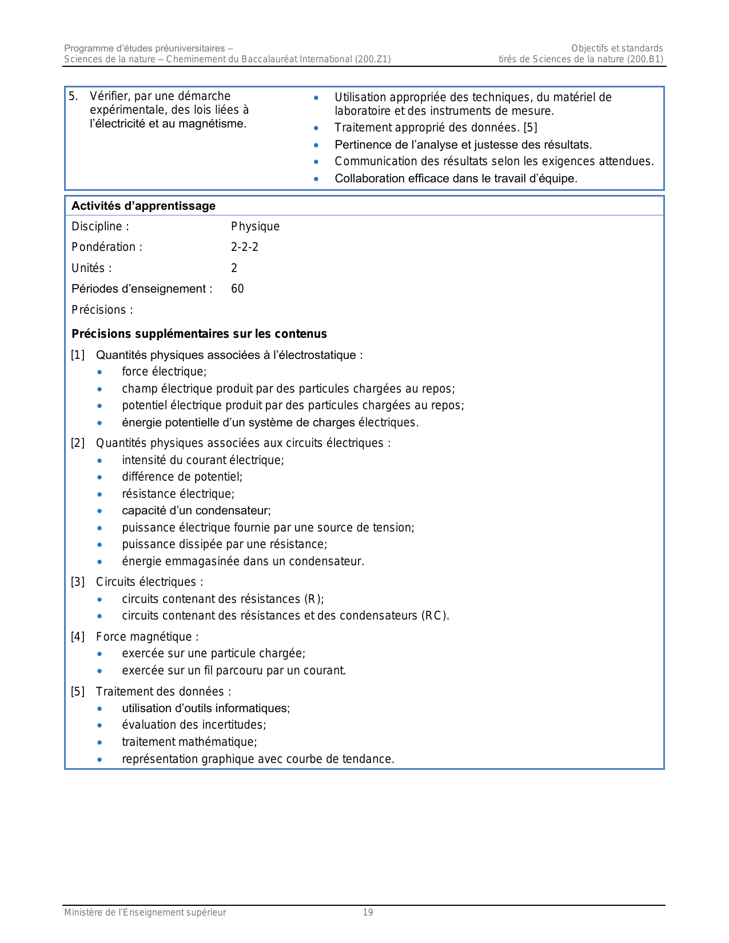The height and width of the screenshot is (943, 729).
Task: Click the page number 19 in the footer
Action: (x=368, y=913)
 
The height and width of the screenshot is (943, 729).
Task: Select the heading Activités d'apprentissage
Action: (x=144, y=206)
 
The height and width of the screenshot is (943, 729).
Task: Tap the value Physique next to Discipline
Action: (x=255, y=226)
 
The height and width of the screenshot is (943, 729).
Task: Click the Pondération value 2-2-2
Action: (x=245, y=247)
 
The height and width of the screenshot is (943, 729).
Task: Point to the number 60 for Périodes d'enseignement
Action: (x=237, y=289)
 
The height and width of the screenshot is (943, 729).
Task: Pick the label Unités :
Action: (x=91, y=268)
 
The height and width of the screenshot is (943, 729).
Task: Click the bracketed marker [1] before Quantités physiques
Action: (x=78, y=355)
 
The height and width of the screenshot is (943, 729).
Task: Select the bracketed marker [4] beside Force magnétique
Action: (x=78, y=637)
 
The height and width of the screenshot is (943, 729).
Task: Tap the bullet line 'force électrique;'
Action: (x=164, y=371)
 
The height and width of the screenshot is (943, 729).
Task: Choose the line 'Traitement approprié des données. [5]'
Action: (x=436, y=127)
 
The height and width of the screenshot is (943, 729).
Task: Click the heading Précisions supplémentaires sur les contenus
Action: (x=199, y=334)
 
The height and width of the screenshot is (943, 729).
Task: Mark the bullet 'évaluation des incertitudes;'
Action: (x=194, y=725)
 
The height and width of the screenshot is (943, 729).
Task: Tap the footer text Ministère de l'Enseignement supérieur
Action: (x=145, y=913)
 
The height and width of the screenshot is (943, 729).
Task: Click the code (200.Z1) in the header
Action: (x=373, y=59)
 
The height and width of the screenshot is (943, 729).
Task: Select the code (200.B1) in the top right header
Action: (x=645, y=59)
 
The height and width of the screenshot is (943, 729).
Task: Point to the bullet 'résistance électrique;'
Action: (x=178, y=494)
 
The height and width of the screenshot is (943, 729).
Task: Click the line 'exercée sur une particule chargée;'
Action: (x=213, y=653)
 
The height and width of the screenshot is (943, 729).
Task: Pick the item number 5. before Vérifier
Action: (x=73, y=96)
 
